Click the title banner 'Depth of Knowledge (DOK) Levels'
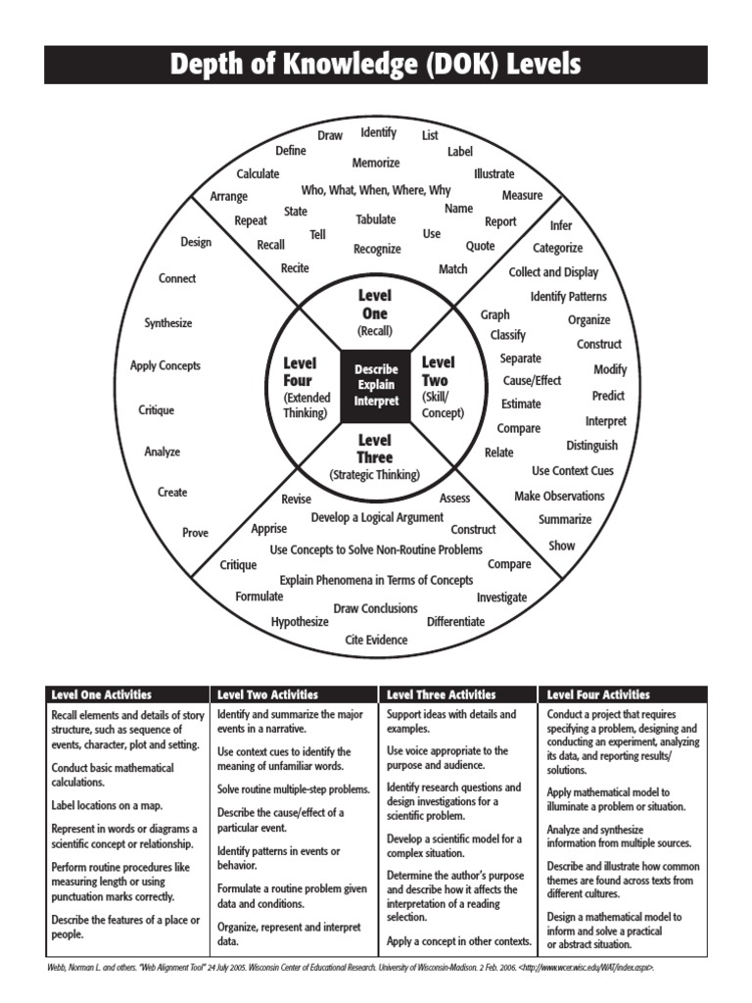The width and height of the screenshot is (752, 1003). (376, 65)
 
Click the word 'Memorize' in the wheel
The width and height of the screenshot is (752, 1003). (376, 163)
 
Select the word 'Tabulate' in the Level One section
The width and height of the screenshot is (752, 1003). (376, 219)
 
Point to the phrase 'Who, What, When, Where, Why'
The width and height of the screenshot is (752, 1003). (376, 190)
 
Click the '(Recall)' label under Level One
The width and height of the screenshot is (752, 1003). (374, 331)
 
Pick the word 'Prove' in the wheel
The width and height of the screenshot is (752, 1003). (195, 533)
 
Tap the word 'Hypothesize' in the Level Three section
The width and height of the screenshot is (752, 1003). (300, 621)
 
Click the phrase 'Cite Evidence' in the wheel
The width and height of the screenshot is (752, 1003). (376, 640)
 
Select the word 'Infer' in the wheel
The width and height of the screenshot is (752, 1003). (561, 225)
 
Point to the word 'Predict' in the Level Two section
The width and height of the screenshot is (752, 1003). (608, 396)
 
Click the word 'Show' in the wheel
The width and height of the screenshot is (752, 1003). (562, 546)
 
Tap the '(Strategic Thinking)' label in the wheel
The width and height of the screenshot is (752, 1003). (374, 475)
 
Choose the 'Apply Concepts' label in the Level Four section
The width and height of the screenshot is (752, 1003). (165, 365)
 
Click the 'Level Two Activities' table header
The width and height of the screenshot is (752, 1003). (267, 694)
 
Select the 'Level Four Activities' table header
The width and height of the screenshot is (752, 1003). (598, 694)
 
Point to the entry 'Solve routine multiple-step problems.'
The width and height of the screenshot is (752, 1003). (294, 788)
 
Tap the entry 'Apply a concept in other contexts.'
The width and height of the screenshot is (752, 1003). (459, 941)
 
